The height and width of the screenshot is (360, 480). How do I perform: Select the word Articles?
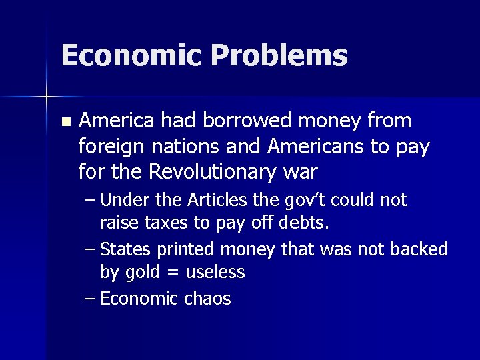(x=215, y=200)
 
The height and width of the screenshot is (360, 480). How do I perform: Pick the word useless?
(x=216, y=271)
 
